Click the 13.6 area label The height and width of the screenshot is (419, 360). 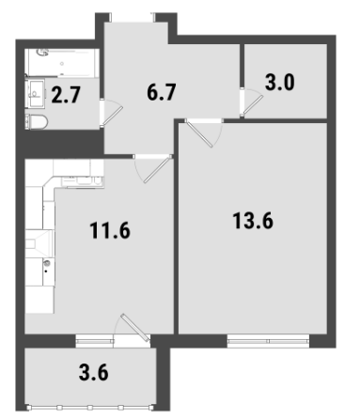253,221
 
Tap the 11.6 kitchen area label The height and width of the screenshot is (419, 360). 110,230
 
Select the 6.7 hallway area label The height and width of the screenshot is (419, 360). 162,92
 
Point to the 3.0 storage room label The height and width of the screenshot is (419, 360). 279,82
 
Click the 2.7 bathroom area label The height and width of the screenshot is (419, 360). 66,95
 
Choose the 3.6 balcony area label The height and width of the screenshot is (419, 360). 94,372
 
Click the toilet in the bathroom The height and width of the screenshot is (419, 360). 37,121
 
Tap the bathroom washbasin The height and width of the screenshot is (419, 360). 36,93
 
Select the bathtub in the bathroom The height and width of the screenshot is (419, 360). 62,63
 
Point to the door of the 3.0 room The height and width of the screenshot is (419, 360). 253,105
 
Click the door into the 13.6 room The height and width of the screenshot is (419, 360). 199,133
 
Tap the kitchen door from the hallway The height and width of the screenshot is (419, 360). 158,170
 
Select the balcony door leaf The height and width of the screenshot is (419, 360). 134,328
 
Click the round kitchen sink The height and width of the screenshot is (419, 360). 47,263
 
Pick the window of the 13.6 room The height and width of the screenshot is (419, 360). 268,341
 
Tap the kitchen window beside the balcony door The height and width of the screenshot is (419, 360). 94,341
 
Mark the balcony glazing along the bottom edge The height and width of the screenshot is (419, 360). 90,408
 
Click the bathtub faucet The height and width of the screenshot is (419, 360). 43,53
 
